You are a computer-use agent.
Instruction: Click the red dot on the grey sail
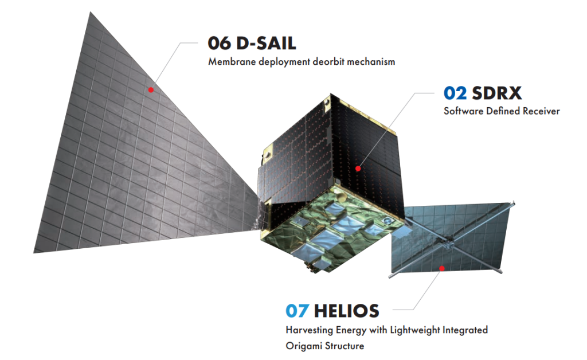pyautogui.click(x=151, y=90)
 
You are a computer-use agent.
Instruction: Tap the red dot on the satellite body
pyautogui.click(x=358, y=169)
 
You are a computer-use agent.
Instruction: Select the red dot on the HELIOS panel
pyautogui.click(x=442, y=268)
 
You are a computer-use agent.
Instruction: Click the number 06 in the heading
pyautogui.click(x=220, y=44)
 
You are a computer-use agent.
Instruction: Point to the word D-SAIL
pyautogui.click(x=266, y=44)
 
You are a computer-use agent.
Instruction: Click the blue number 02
pyautogui.click(x=455, y=93)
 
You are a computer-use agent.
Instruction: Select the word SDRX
pyautogui.click(x=497, y=93)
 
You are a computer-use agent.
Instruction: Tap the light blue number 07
pyautogui.click(x=298, y=311)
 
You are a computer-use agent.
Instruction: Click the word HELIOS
pyautogui.click(x=347, y=311)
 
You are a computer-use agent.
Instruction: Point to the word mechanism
pyautogui.click(x=371, y=61)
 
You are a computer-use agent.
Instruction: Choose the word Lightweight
pyautogui.click(x=415, y=330)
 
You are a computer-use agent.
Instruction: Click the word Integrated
pyautogui.click(x=465, y=330)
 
